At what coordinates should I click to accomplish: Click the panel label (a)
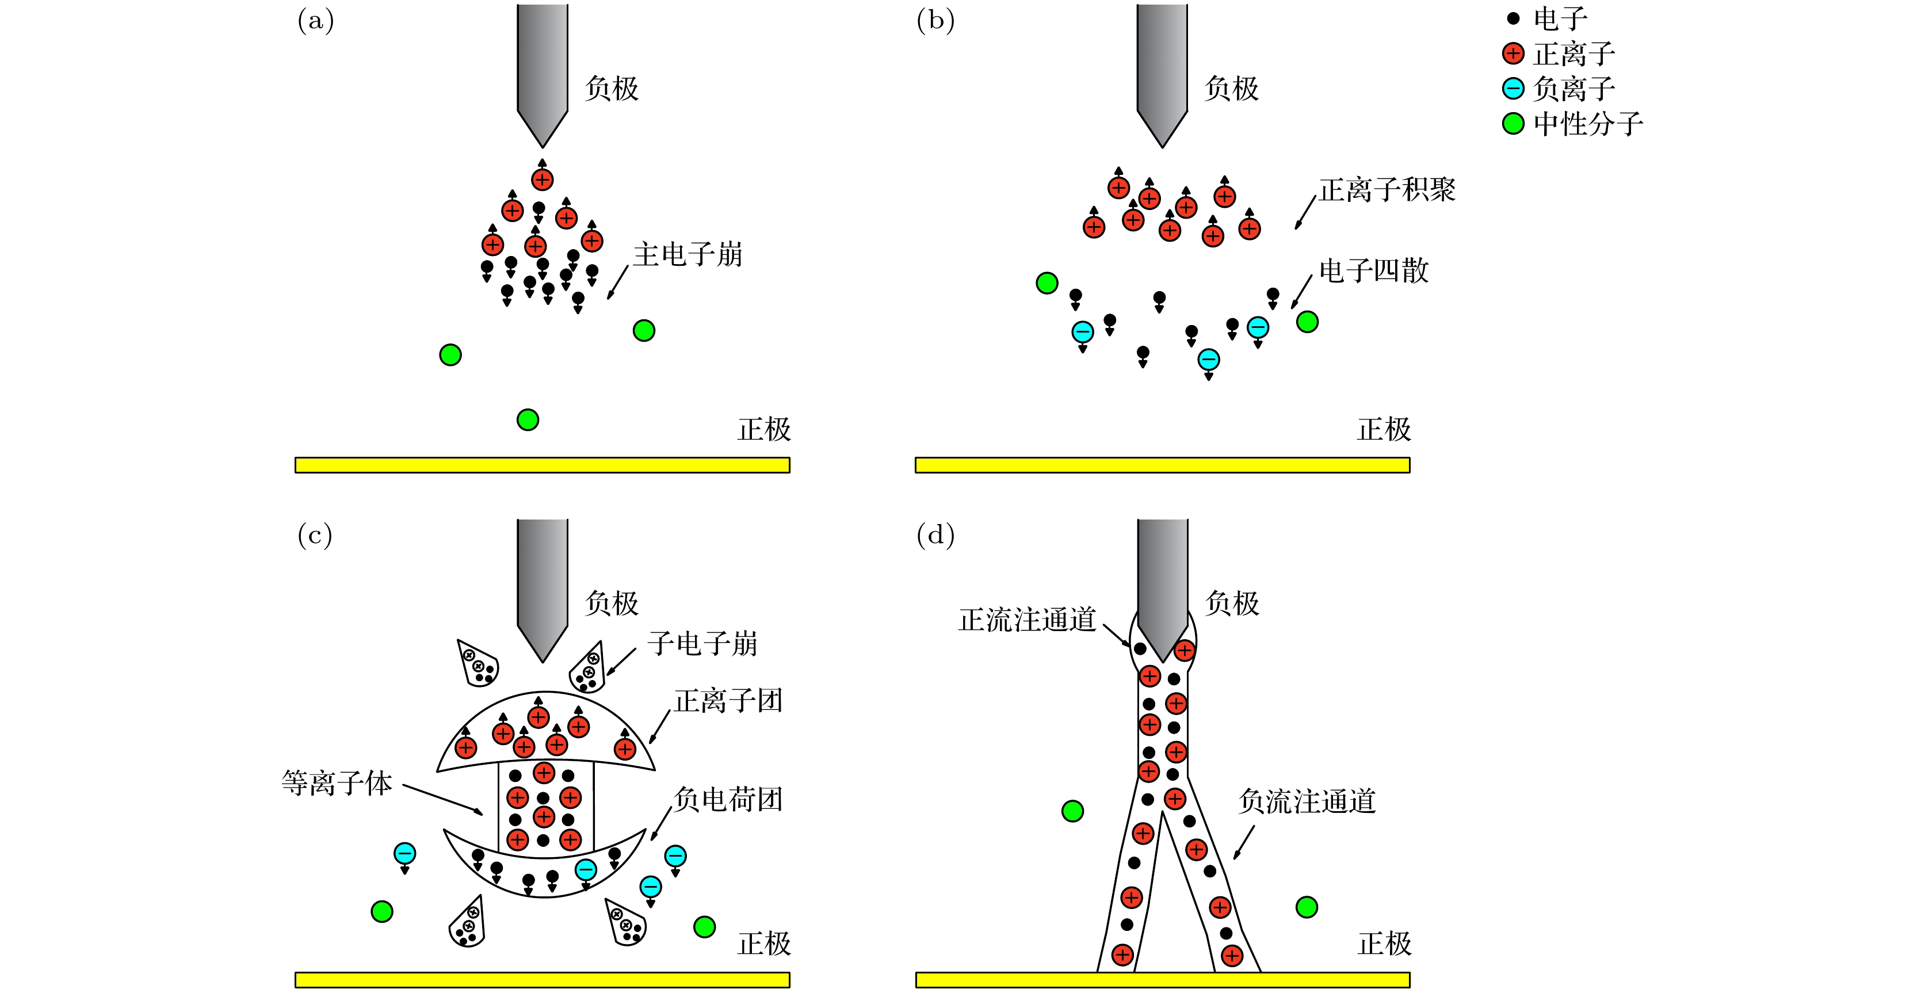[315, 21]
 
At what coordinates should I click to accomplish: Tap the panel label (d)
[935, 535]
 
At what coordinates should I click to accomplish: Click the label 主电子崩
[687, 255]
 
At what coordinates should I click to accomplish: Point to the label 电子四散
[1373, 270]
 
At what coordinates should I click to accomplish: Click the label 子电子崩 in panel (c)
[702, 643]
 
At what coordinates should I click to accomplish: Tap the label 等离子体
[337, 783]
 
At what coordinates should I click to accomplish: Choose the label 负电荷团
[728, 800]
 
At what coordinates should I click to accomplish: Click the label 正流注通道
[1027, 620]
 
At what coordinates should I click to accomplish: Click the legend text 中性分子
[1588, 124]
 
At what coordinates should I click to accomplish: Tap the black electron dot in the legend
[1513, 18]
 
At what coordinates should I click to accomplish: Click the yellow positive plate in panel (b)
[1162, 465]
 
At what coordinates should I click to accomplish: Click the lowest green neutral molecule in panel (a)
[528, 420]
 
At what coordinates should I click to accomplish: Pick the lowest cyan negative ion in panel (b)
[1208, 360]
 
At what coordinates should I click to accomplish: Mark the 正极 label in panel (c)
[763, 944]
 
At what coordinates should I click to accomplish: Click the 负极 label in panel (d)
[1232, 604]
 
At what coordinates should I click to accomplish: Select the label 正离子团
[728, 701]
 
